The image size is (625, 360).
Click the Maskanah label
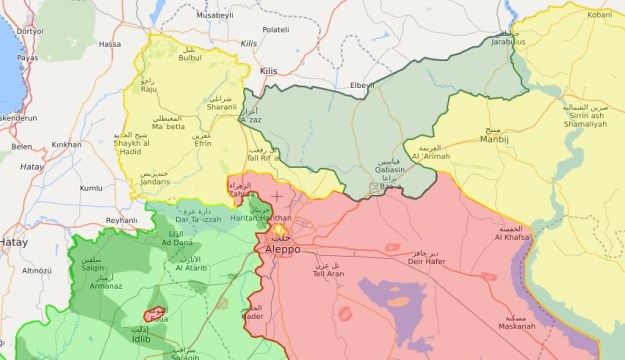(518, 326)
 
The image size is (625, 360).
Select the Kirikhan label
(67, 145)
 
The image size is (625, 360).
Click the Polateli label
(275, 30)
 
